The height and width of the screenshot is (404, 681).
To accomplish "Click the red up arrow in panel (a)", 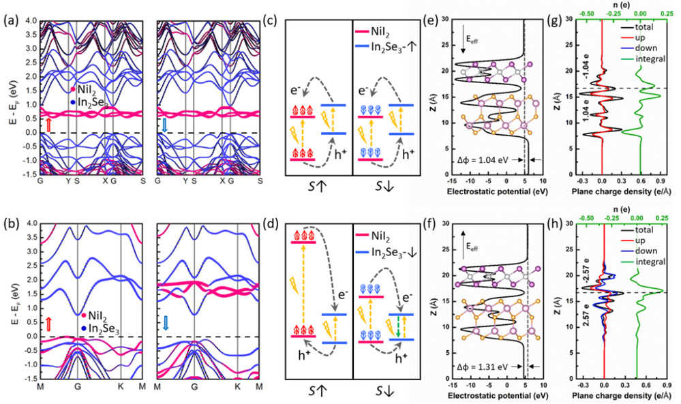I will (x=48, y=124).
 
